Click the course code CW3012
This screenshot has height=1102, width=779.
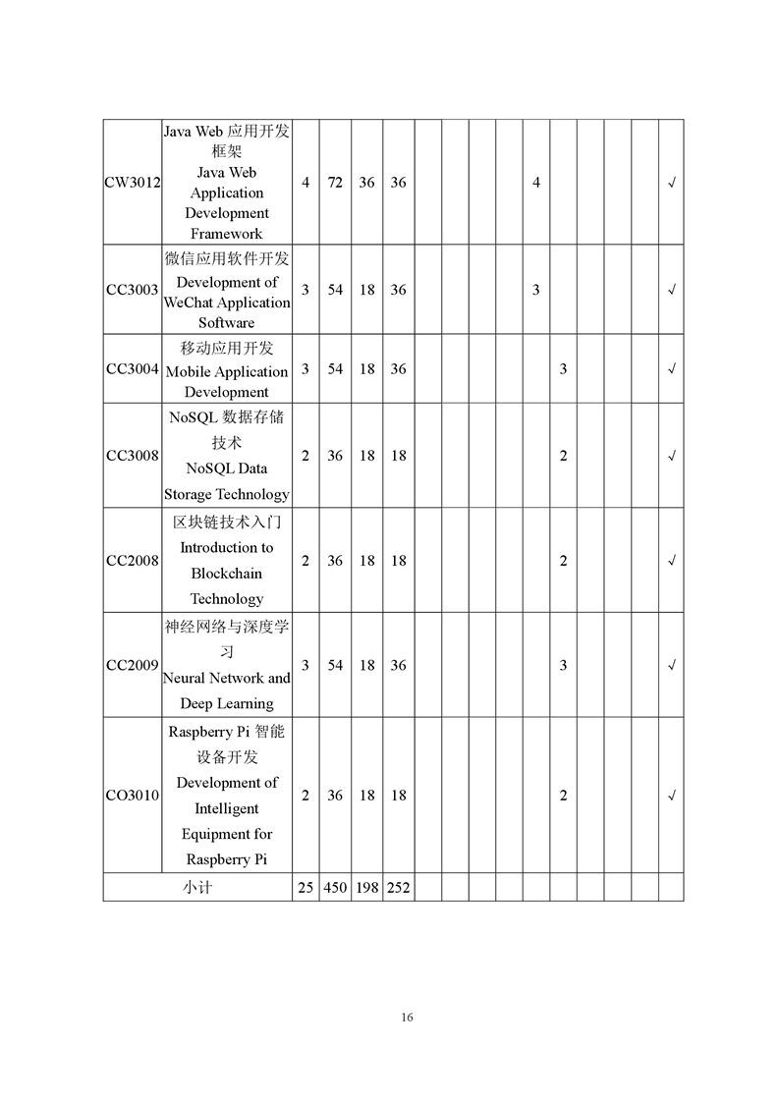coord(133,183)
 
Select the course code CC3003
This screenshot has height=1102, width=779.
coord(133,290)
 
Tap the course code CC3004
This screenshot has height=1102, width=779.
coord(133,369)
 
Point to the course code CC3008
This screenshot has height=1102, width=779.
coord(133,456)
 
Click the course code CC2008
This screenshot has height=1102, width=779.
coord(133,561)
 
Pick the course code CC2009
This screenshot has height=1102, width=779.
coord(133,666)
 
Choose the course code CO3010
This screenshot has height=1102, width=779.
coord(133,796)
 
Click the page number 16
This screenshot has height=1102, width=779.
coord(407,1017)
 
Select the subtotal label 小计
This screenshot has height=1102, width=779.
coord(196,888)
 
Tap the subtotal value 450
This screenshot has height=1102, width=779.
coord(335,888)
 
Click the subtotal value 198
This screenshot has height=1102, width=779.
coord(366,888)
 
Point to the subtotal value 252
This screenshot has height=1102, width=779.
coord(398,888)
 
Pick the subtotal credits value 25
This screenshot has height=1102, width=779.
coord(306,888)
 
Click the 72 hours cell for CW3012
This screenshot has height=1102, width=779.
coord(335,183)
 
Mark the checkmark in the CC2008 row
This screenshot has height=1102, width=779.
coord(671,561)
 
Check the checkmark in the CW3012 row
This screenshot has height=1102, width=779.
coord(671,183)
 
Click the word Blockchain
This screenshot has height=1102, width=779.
coord(227,574)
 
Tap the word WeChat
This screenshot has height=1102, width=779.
coord(189,303)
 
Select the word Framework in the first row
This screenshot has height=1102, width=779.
coord(227,234)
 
